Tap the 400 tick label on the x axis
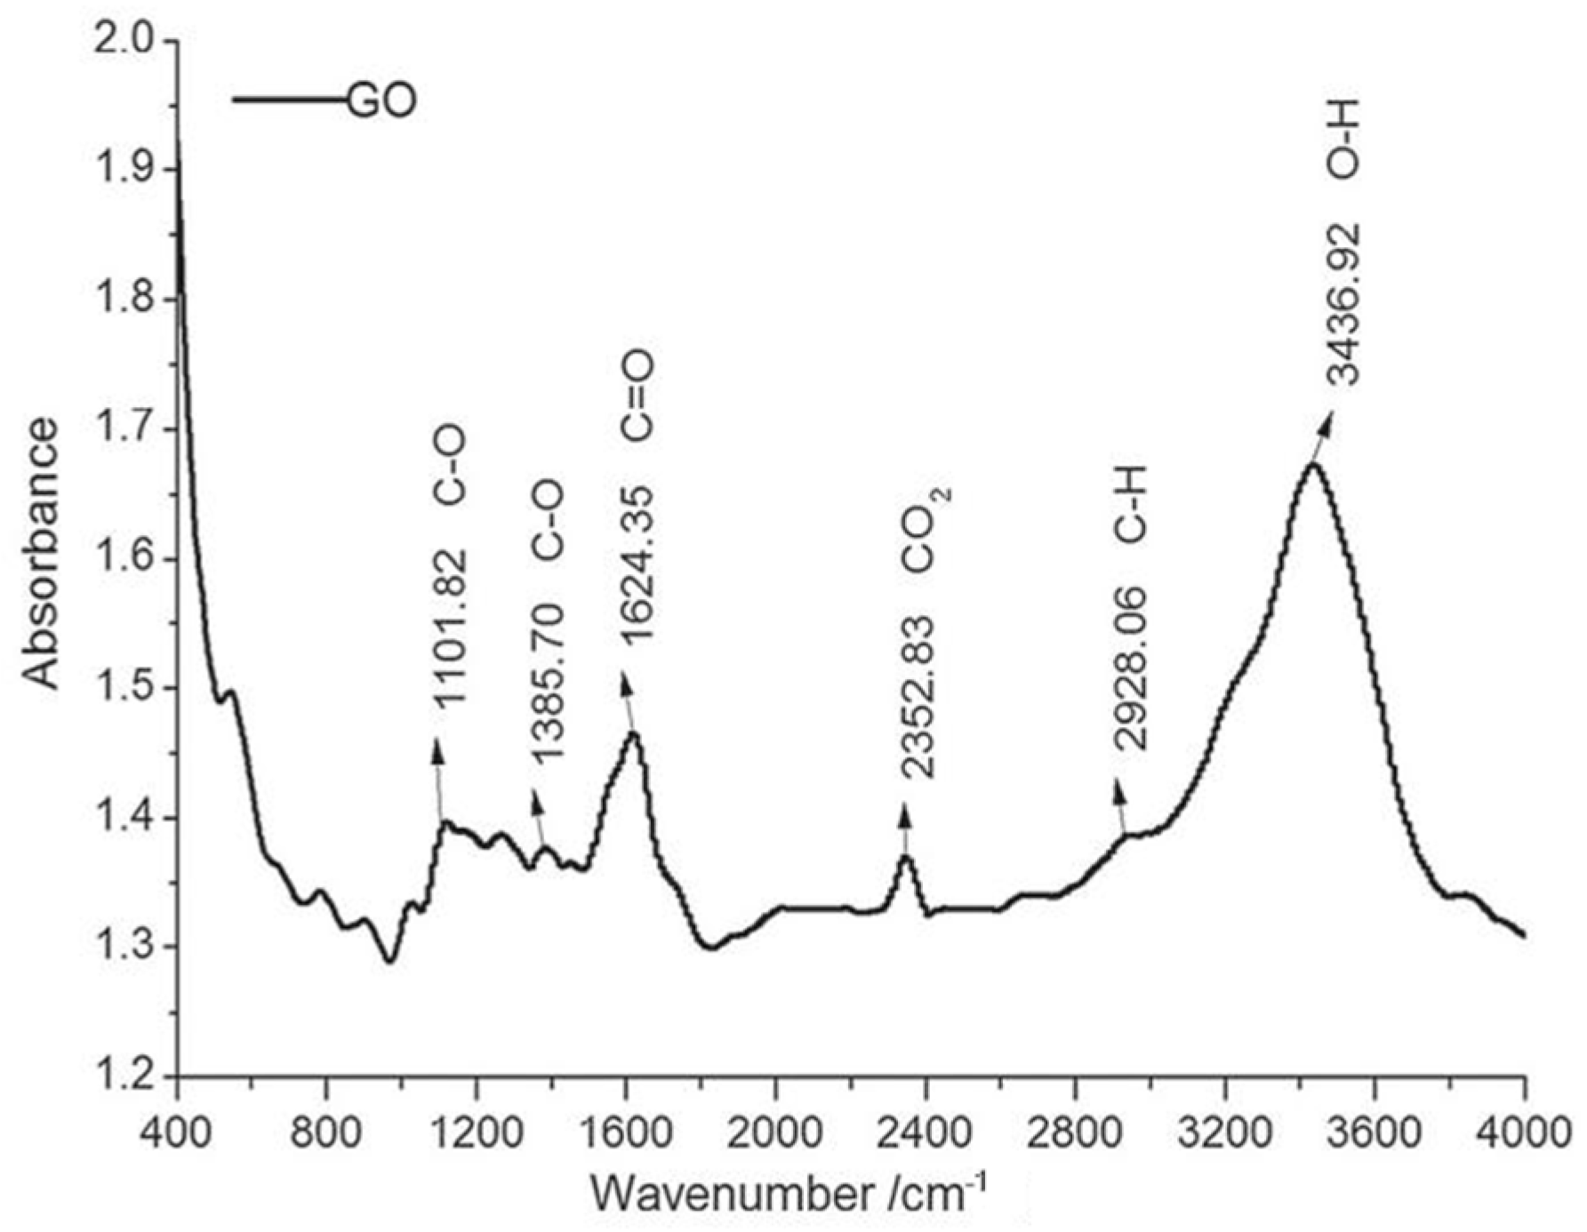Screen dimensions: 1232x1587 (178, 1133)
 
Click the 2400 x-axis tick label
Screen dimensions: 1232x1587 (926, 1133)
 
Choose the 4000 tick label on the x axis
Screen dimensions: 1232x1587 (1524, 1133)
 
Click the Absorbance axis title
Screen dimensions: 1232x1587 (41, 555)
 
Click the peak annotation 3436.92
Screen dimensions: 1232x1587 (1343, 304)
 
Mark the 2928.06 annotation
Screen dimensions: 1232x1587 (1132, 668)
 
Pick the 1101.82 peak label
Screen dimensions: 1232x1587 (449, 628)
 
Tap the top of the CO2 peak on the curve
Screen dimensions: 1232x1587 (905, 857)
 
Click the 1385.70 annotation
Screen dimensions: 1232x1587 (548, 680)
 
